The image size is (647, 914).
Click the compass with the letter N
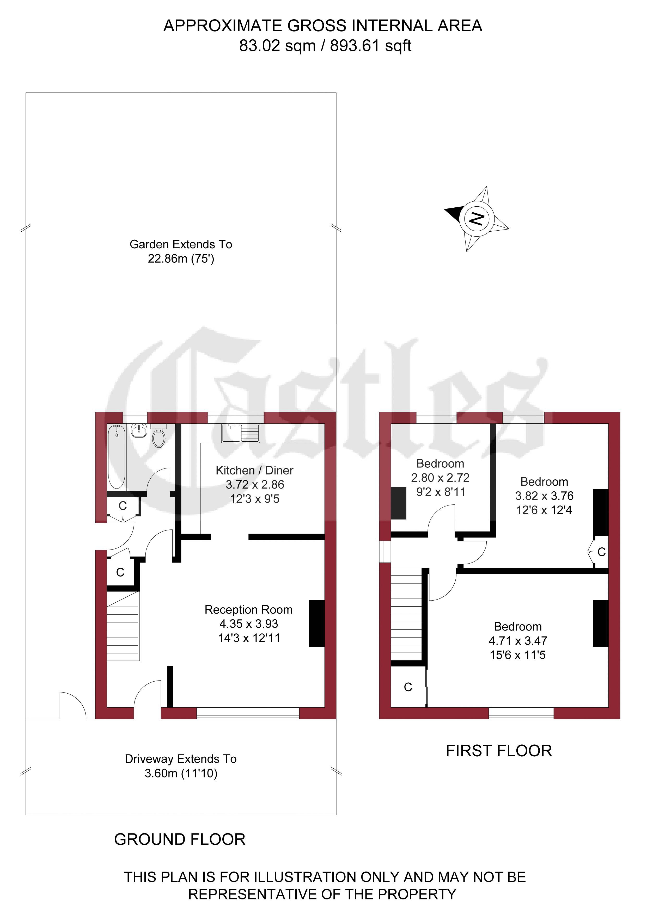click(477, 219)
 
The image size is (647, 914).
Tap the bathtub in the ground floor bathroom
click(117, 456)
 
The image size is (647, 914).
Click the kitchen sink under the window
click(241, 433)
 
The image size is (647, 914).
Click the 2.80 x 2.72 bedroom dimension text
click(440, 477)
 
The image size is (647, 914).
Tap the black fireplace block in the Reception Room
click(317, 623)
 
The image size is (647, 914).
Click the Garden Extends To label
click(181, 244)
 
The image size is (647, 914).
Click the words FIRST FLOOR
click(499, 751)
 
